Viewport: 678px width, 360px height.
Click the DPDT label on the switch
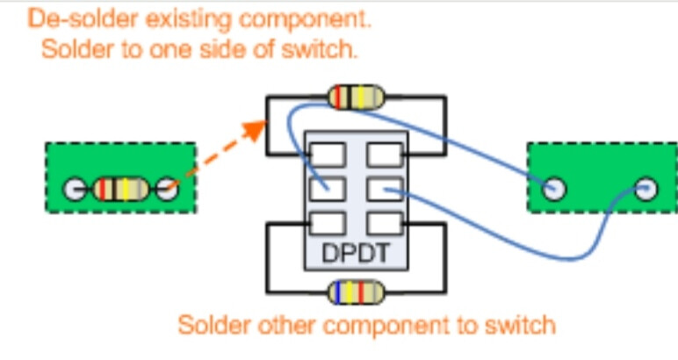point(356,253)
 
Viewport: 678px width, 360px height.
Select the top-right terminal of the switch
point(384,155)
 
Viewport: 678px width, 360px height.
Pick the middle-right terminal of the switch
point(384,188)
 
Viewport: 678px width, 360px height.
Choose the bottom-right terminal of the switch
point(384,223)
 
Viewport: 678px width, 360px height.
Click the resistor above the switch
point(356,97)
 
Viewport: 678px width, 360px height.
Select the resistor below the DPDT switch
point(356,292)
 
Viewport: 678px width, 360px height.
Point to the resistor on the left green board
point(120,188)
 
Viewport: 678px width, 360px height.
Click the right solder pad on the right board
point(646,188)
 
